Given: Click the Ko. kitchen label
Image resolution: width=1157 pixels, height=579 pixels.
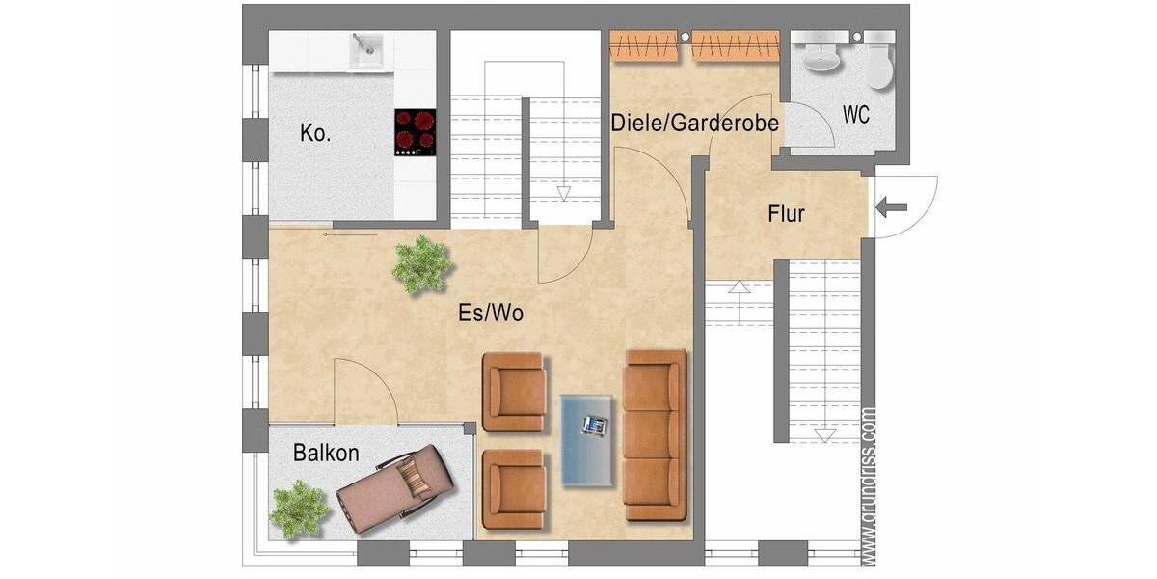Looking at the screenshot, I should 315,133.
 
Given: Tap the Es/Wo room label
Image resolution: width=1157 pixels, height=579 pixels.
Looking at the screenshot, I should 491,313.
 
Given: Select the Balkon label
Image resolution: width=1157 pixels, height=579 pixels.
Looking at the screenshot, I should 326,453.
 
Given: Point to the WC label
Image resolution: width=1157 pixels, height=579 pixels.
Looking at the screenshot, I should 855,115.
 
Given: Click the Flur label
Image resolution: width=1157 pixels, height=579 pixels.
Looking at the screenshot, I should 786,214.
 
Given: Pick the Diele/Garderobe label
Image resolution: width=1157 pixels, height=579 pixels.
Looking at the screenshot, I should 694,123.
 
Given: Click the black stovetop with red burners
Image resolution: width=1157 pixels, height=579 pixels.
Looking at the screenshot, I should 415,131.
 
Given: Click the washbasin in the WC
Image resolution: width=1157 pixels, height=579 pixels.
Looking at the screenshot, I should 821,58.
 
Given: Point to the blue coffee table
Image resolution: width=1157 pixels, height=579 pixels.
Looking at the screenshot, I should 587,440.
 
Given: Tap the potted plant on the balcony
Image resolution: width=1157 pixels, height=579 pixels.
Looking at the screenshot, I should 299,509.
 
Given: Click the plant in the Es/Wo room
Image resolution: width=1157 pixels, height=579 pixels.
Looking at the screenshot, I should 421,263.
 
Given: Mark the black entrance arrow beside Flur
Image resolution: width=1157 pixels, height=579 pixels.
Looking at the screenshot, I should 890,206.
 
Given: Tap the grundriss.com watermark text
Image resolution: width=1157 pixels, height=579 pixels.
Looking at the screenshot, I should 869,485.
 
